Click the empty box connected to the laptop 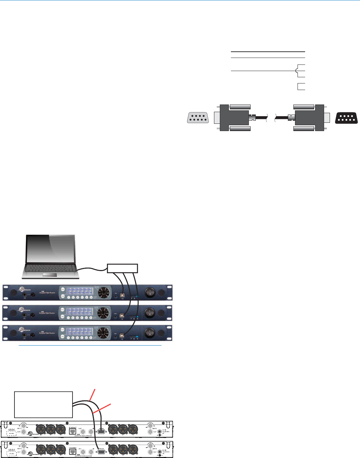(x=123, y=268)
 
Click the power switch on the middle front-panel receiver (x=150, y=313)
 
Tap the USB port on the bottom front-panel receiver (x=122, y=335)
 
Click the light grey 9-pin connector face (x=198, y=118)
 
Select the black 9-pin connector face (x=346, y=118)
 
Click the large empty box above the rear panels (x=43, y=404)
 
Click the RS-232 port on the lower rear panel (x=101, y=451)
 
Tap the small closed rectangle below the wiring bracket (x=301, y=87)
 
